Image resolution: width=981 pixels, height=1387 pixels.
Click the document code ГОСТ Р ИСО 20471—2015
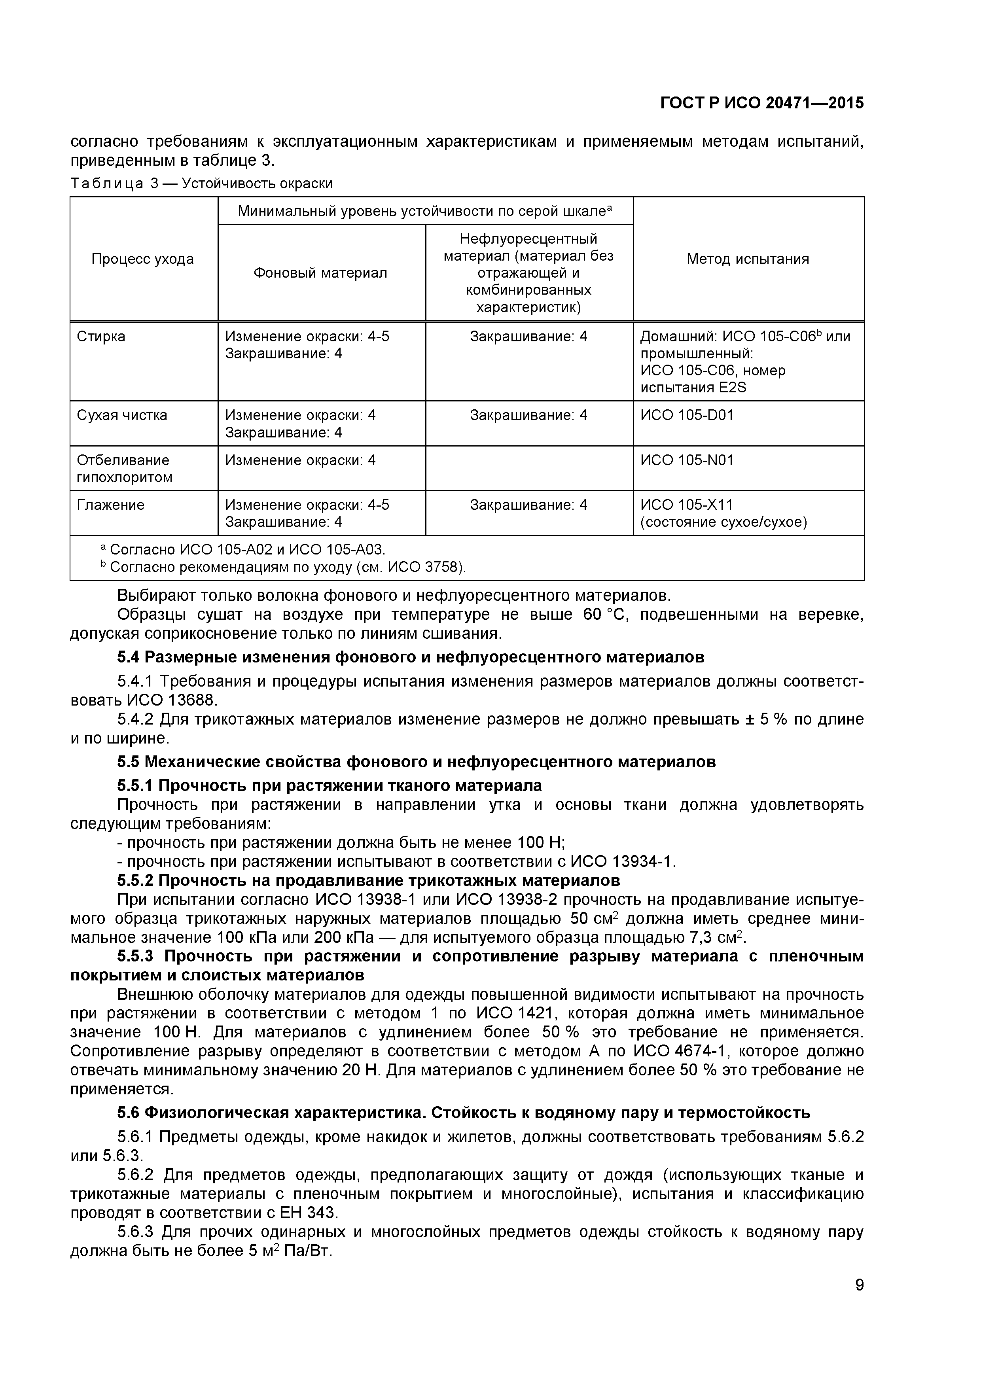click(762, 103)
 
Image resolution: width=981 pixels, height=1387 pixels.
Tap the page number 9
click(859, 1301)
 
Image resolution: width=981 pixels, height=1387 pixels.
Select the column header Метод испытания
click(748, 259)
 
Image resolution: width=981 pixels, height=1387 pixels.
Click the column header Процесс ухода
click(142, 259)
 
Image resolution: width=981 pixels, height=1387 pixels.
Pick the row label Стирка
click(101, 337)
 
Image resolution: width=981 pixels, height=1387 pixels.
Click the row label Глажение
click(110, 505)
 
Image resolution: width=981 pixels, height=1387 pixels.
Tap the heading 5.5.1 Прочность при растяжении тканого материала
click(329, 785)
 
